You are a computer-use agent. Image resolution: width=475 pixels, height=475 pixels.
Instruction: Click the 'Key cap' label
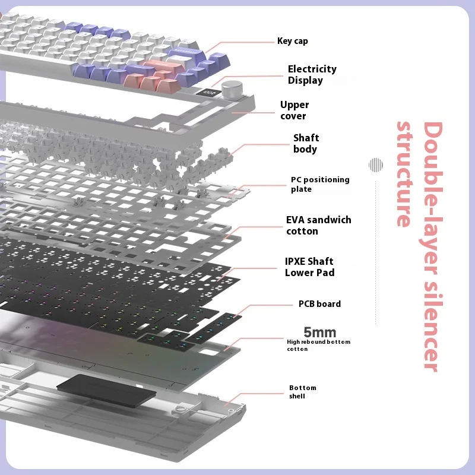pos(292,41)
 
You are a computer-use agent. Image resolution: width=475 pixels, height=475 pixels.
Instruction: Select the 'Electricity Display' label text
pos(312,75)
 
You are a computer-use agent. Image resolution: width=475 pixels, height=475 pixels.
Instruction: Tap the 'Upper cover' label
pos(294,110)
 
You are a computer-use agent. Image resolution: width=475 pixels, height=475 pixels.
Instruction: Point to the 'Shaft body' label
pos(306,144)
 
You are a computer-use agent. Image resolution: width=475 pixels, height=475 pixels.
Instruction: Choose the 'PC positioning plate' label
pos(319,184)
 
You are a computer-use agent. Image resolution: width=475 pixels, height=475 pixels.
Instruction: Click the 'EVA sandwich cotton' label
pos(318,225)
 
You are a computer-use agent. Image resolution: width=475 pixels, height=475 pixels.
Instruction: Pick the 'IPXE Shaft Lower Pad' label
pos(309,267)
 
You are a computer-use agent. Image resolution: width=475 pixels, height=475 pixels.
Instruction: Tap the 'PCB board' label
pos(319,304)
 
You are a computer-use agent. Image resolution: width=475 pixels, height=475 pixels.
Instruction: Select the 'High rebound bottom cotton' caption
pos(318,345)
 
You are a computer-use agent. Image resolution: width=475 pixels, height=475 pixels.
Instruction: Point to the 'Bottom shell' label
pos(303,391)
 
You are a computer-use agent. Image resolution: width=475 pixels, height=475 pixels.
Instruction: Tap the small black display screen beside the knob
pos(210,92)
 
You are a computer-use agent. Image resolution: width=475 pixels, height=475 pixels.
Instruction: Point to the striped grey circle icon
pos(375,164)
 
